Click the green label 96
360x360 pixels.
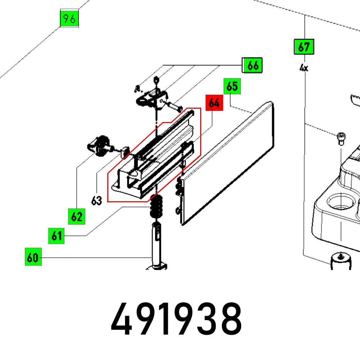(x=69, y=19)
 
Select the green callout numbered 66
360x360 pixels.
(x=253, y=66)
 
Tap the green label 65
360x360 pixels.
(x=232, y=87)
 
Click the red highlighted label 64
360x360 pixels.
(x=214, y=103)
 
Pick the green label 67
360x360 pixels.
(x=304, y=47)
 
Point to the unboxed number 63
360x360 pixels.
(x=96, y=201)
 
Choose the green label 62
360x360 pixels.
(x=76, y=216)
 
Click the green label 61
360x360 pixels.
(x=57, y=236)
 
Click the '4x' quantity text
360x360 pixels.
(x=304, y=67)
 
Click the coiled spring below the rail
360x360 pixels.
(x=156, y=207)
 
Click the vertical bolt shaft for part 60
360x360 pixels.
(x=157, y=245)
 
